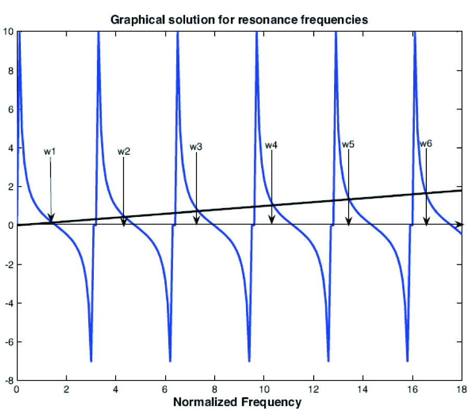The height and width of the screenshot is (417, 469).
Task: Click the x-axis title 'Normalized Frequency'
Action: (x=237, y=402)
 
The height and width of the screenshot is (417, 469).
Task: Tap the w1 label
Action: (x=50, y=152)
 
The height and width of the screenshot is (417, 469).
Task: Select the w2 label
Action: (x=124, y=152)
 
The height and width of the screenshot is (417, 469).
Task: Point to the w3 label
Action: (x=196, y=147)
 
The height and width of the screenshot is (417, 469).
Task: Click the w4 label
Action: (x=271, y=145)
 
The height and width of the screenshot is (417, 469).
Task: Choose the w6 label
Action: (x=425, y=143)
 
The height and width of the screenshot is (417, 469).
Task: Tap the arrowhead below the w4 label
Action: (x=271, y=221)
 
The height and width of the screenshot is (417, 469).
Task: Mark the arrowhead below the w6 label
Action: (x=426, y=221)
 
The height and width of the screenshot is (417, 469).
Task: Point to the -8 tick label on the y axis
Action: (x=9, y=381)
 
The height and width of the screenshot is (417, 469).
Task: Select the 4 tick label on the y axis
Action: (x=11, y=148)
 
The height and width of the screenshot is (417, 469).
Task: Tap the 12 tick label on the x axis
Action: (x=313, y=389)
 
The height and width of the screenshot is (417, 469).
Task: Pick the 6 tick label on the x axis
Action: (x=165, y=389)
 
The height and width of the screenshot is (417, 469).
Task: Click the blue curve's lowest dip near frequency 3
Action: (x=91, y=360)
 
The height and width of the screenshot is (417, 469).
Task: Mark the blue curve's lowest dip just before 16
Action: (x=407, y=360)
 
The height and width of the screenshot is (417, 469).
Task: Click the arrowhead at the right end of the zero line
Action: (x=460, y=225)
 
